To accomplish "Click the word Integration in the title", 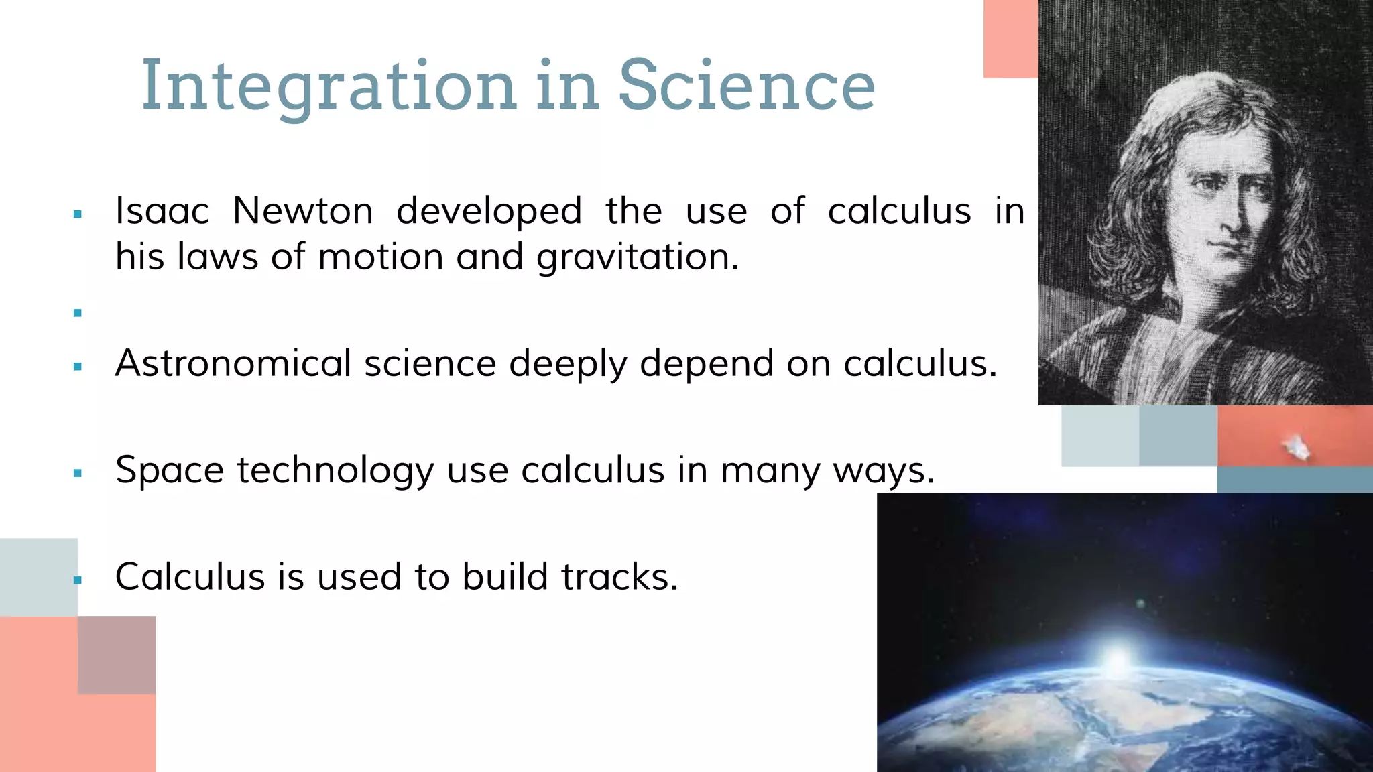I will point(329,86).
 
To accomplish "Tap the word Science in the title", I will point(746,86).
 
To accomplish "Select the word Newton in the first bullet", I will point(303,211).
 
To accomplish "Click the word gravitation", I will point(638,258).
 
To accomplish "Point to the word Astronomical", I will point(233,364).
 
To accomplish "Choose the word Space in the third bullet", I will point(170,470).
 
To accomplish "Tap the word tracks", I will point(619,577).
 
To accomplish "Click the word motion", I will point(380,258).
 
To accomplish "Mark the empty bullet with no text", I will point(78,313).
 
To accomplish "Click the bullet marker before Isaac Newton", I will point(78,215).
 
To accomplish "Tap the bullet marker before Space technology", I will point(78,474).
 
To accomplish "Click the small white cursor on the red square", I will point(1298,447).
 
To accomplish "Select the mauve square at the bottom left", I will point(117,655).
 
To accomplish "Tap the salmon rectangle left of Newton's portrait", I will point(1010,39).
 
